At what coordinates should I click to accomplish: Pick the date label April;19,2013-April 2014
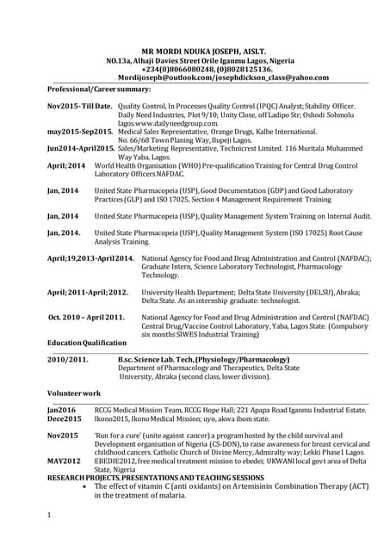click(x=90, y=258)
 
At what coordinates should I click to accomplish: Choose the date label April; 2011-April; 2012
click(x=87, y=292)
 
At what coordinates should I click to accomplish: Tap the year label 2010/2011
click(x=67, y=358)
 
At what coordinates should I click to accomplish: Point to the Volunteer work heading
click(x=74, y=393)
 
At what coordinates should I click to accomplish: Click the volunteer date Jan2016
click(x=61, y=410)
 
